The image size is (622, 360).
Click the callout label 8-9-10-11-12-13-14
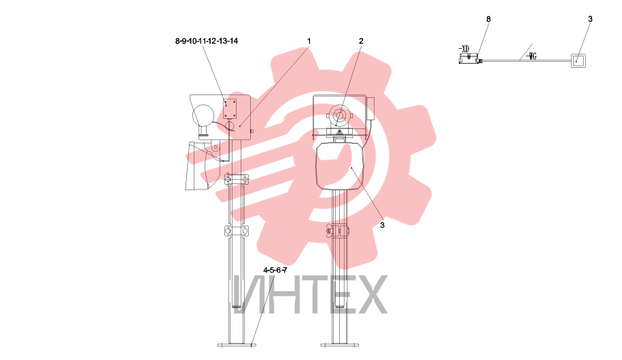(206, 41)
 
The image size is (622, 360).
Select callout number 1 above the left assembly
(309, 41)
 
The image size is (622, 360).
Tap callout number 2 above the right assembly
(361, 41)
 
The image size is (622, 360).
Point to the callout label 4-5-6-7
(275, 270)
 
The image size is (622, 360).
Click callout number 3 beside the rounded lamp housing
(382, 225)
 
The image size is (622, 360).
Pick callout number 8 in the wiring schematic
(488, 19)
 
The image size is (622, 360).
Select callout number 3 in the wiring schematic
(590, 19)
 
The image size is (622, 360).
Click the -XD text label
(464, 49)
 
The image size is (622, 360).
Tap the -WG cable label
(532, 56)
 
